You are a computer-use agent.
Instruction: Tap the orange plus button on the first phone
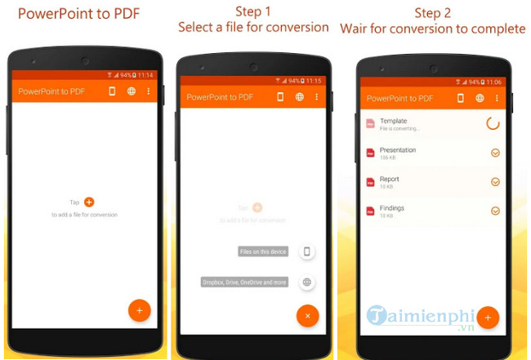pos(139,311)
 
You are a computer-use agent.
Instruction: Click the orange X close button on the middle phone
pos(307,315)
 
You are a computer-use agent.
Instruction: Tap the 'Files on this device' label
pos(263,252)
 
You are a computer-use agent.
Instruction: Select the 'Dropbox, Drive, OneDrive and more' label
pos(245,282)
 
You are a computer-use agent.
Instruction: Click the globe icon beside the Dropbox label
pos(307,282)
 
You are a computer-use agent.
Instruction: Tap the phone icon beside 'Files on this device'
pos(307,252)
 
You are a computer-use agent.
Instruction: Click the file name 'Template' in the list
pos(394,121)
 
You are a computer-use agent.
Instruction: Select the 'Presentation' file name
pos(398,150)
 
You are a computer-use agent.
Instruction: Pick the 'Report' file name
pos(390,179)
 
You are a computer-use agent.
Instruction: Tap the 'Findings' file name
pos(392,208)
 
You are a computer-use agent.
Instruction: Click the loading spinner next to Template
pos(493,124)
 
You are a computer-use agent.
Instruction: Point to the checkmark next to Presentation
pos(495,153)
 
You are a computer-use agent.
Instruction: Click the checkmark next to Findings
pos(495,211)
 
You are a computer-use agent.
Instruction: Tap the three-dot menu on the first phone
pos(148,91)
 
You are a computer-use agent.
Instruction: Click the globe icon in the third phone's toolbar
pos(480,98)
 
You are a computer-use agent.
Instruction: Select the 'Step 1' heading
pos(253,12)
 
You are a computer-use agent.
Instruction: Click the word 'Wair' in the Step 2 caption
pos(356,29)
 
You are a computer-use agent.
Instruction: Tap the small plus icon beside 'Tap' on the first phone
pos(89,202)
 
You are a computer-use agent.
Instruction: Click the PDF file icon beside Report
pos(370,182)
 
